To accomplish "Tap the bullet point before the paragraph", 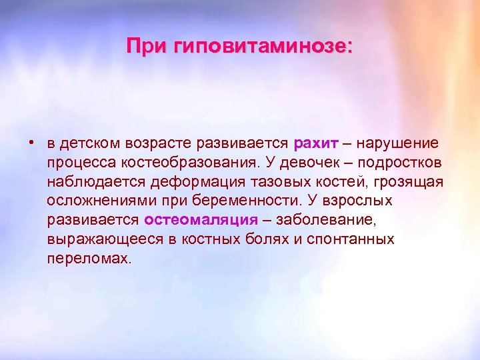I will [x=31, y=142].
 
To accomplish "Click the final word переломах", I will [x=89, y=258].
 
